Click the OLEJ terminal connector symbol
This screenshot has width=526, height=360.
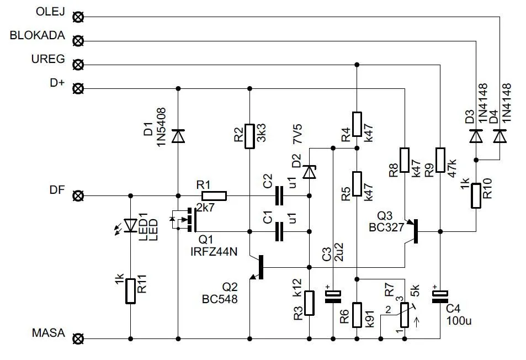coord(79,17)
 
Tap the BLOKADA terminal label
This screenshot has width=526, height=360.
coord(38,36)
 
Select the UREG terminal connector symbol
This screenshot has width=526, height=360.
coord(79,65)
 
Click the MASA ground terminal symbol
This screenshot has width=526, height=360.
coord(79,338)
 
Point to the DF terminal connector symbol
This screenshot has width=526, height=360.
coord(79,195)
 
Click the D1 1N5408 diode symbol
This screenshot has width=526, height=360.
coord(178,136)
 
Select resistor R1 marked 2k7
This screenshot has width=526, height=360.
coord(214,195)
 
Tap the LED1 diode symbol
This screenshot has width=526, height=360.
coord(131,225)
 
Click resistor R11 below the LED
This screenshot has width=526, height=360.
coord(131,291)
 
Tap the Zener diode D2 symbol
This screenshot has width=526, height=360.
coord(310,172)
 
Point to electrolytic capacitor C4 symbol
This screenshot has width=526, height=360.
coord(440,298)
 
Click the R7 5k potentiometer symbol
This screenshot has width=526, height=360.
coord(405,315)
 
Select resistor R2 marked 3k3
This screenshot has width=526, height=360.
coord(249,136)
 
